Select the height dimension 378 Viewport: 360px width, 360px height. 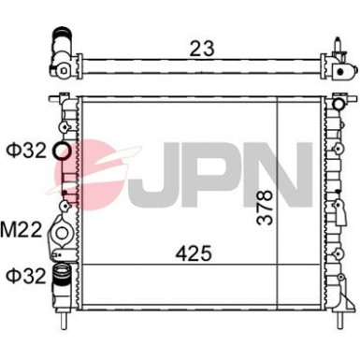pyautogui.click(x=267, y=205)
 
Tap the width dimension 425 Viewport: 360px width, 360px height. pyautogui.click(x=192, y=252)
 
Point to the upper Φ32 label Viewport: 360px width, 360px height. pyautogui.click(x=22, y=149)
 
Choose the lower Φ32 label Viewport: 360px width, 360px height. pyautogui.click(x=22, y=275)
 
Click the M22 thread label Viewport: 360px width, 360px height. pyautogui.click(x=21, y=227)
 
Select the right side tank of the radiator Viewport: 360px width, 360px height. pyautogui.click(x=336, y=206)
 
